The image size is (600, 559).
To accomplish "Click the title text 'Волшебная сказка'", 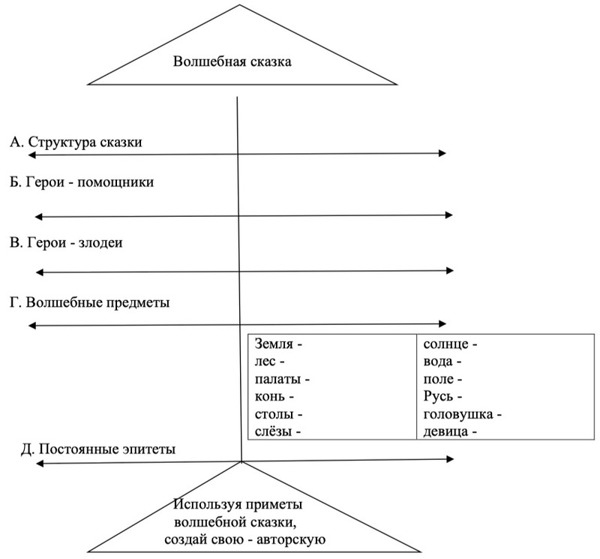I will (232, 62).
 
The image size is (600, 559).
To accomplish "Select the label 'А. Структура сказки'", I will (76, 142).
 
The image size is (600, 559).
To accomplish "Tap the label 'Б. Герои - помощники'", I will (82, 182).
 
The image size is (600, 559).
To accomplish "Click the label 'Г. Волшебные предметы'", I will (91, 303).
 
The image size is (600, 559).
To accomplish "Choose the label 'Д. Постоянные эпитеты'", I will (98, 449).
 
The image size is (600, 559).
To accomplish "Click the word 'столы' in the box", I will (274, 414).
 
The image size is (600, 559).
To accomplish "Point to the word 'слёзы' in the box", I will (274, 431).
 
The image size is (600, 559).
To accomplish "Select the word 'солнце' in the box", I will (446, 345).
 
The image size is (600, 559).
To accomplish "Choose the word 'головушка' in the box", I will (457, 414).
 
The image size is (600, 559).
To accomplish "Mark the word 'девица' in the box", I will (447, 431).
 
